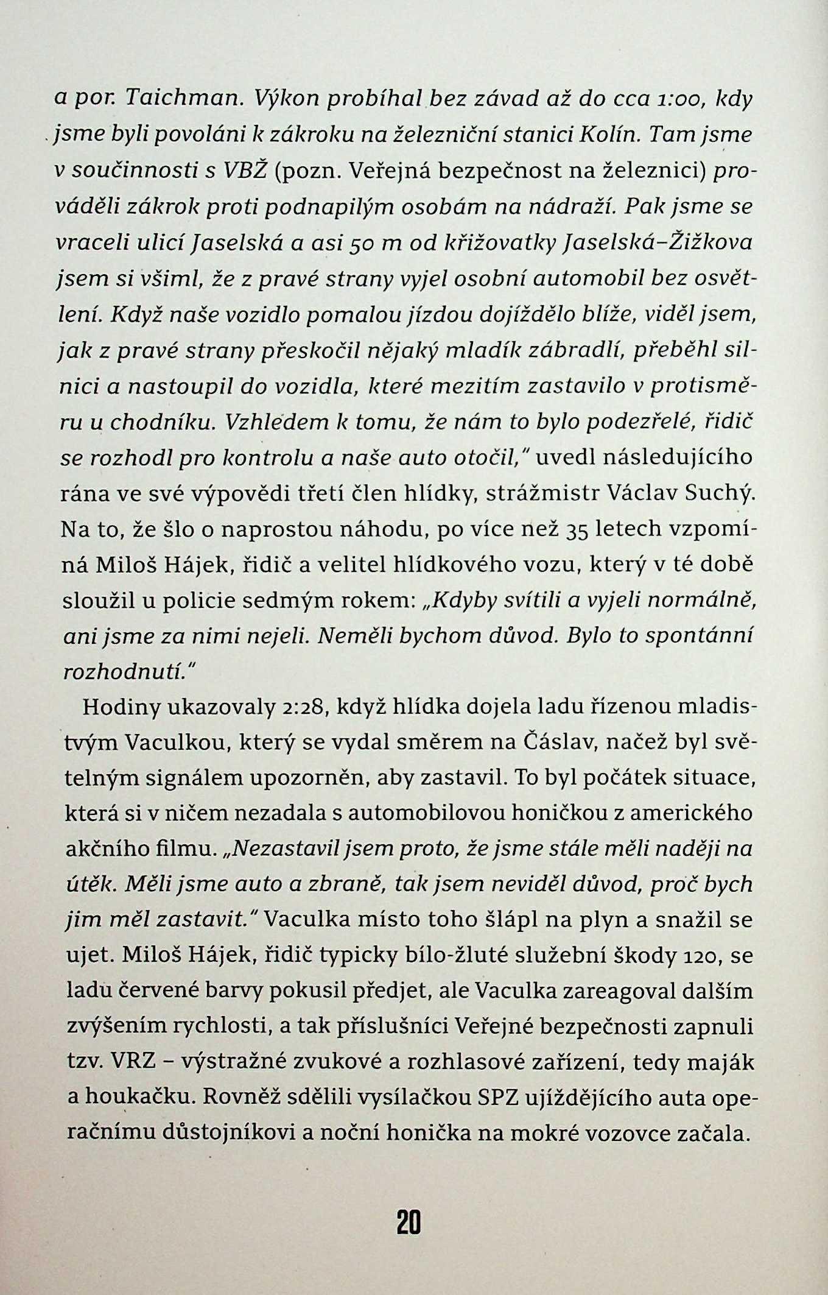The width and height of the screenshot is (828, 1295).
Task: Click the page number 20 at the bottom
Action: pos(409,1222)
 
